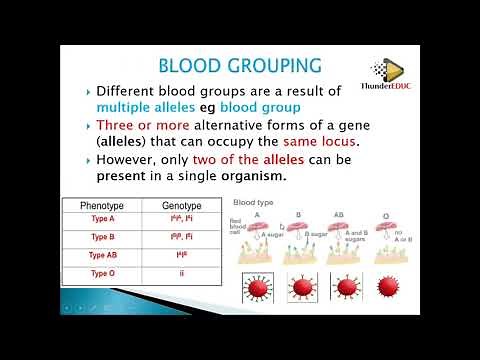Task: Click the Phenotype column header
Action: [x=105, y=205]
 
